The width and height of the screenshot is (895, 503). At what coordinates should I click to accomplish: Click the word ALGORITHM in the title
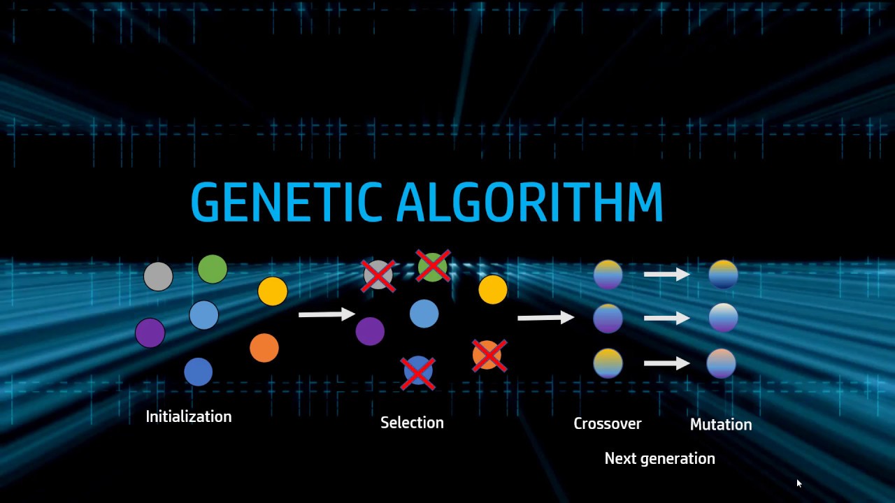pyautogui.click(x=529, y=203)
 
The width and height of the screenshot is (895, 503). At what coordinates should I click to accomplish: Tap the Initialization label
pyautogui.click(x=188, y=416)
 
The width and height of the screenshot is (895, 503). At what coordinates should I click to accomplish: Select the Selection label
pyautogui.click(x=412, y=423)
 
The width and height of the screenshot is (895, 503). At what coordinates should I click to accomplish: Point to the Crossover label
pyautogui.click(x=607, y=423)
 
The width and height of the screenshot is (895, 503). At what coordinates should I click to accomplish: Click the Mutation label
pyautogui.click(x=720, y=424)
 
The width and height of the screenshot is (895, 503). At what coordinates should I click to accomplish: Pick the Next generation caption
pyautogui.click(x=659, y=458)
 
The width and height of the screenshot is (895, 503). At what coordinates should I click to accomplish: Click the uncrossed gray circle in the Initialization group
pyautogui.click(x=158, y=277)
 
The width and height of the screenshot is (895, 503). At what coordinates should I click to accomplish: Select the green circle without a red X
pyautogui.click(x=213, y=269)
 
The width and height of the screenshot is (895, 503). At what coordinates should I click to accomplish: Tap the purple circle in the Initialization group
pyautogui.click(x=150, y=333)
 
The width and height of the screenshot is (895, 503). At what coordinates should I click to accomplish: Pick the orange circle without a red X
pyautogui.click(x=264, y=348)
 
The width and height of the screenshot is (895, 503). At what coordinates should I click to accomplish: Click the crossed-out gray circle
pyautogui.click(x=378, y=275)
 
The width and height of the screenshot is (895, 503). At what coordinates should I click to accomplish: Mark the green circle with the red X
pyautogui.click(x=433, y=267)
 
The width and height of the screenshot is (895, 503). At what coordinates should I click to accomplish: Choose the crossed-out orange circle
pyautogui.click(x=488, y=356)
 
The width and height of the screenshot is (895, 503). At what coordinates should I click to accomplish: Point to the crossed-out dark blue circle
pyautogui.click(x=418, y=371)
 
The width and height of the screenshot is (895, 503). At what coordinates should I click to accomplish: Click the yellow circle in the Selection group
pyautogui.click(x=493, y=289)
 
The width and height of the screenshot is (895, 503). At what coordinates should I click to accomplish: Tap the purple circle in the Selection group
pyautogui.click(x=370, y=331)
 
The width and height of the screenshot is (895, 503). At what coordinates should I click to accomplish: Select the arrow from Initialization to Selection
pyautogui.click(x=327, y=314)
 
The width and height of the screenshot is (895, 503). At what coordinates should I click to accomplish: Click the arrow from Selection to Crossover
pyautogui.click(x=545, y=318)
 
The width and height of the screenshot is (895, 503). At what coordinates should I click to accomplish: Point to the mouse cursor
pyautogui.click(x=799, y=483)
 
